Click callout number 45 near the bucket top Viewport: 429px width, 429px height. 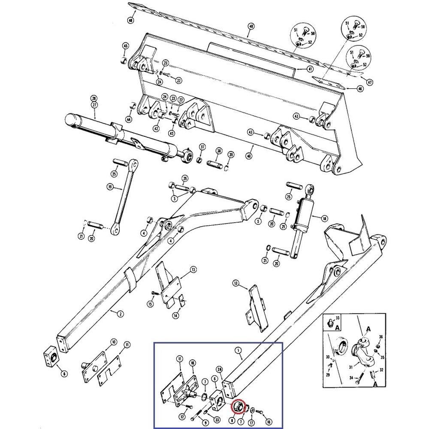click(x=126, y=46)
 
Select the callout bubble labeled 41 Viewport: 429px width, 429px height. click(x=310, y=69)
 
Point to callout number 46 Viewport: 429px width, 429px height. click(x=348, y=88)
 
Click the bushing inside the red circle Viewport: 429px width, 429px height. click(x=238, y=407)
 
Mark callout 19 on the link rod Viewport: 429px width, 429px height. click(x=110, y=187)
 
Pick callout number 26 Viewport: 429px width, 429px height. click(x=185, y=178)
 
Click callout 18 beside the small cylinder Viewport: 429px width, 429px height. click(x=324, y=218)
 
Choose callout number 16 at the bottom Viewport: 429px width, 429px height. click(x=269, y=422)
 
